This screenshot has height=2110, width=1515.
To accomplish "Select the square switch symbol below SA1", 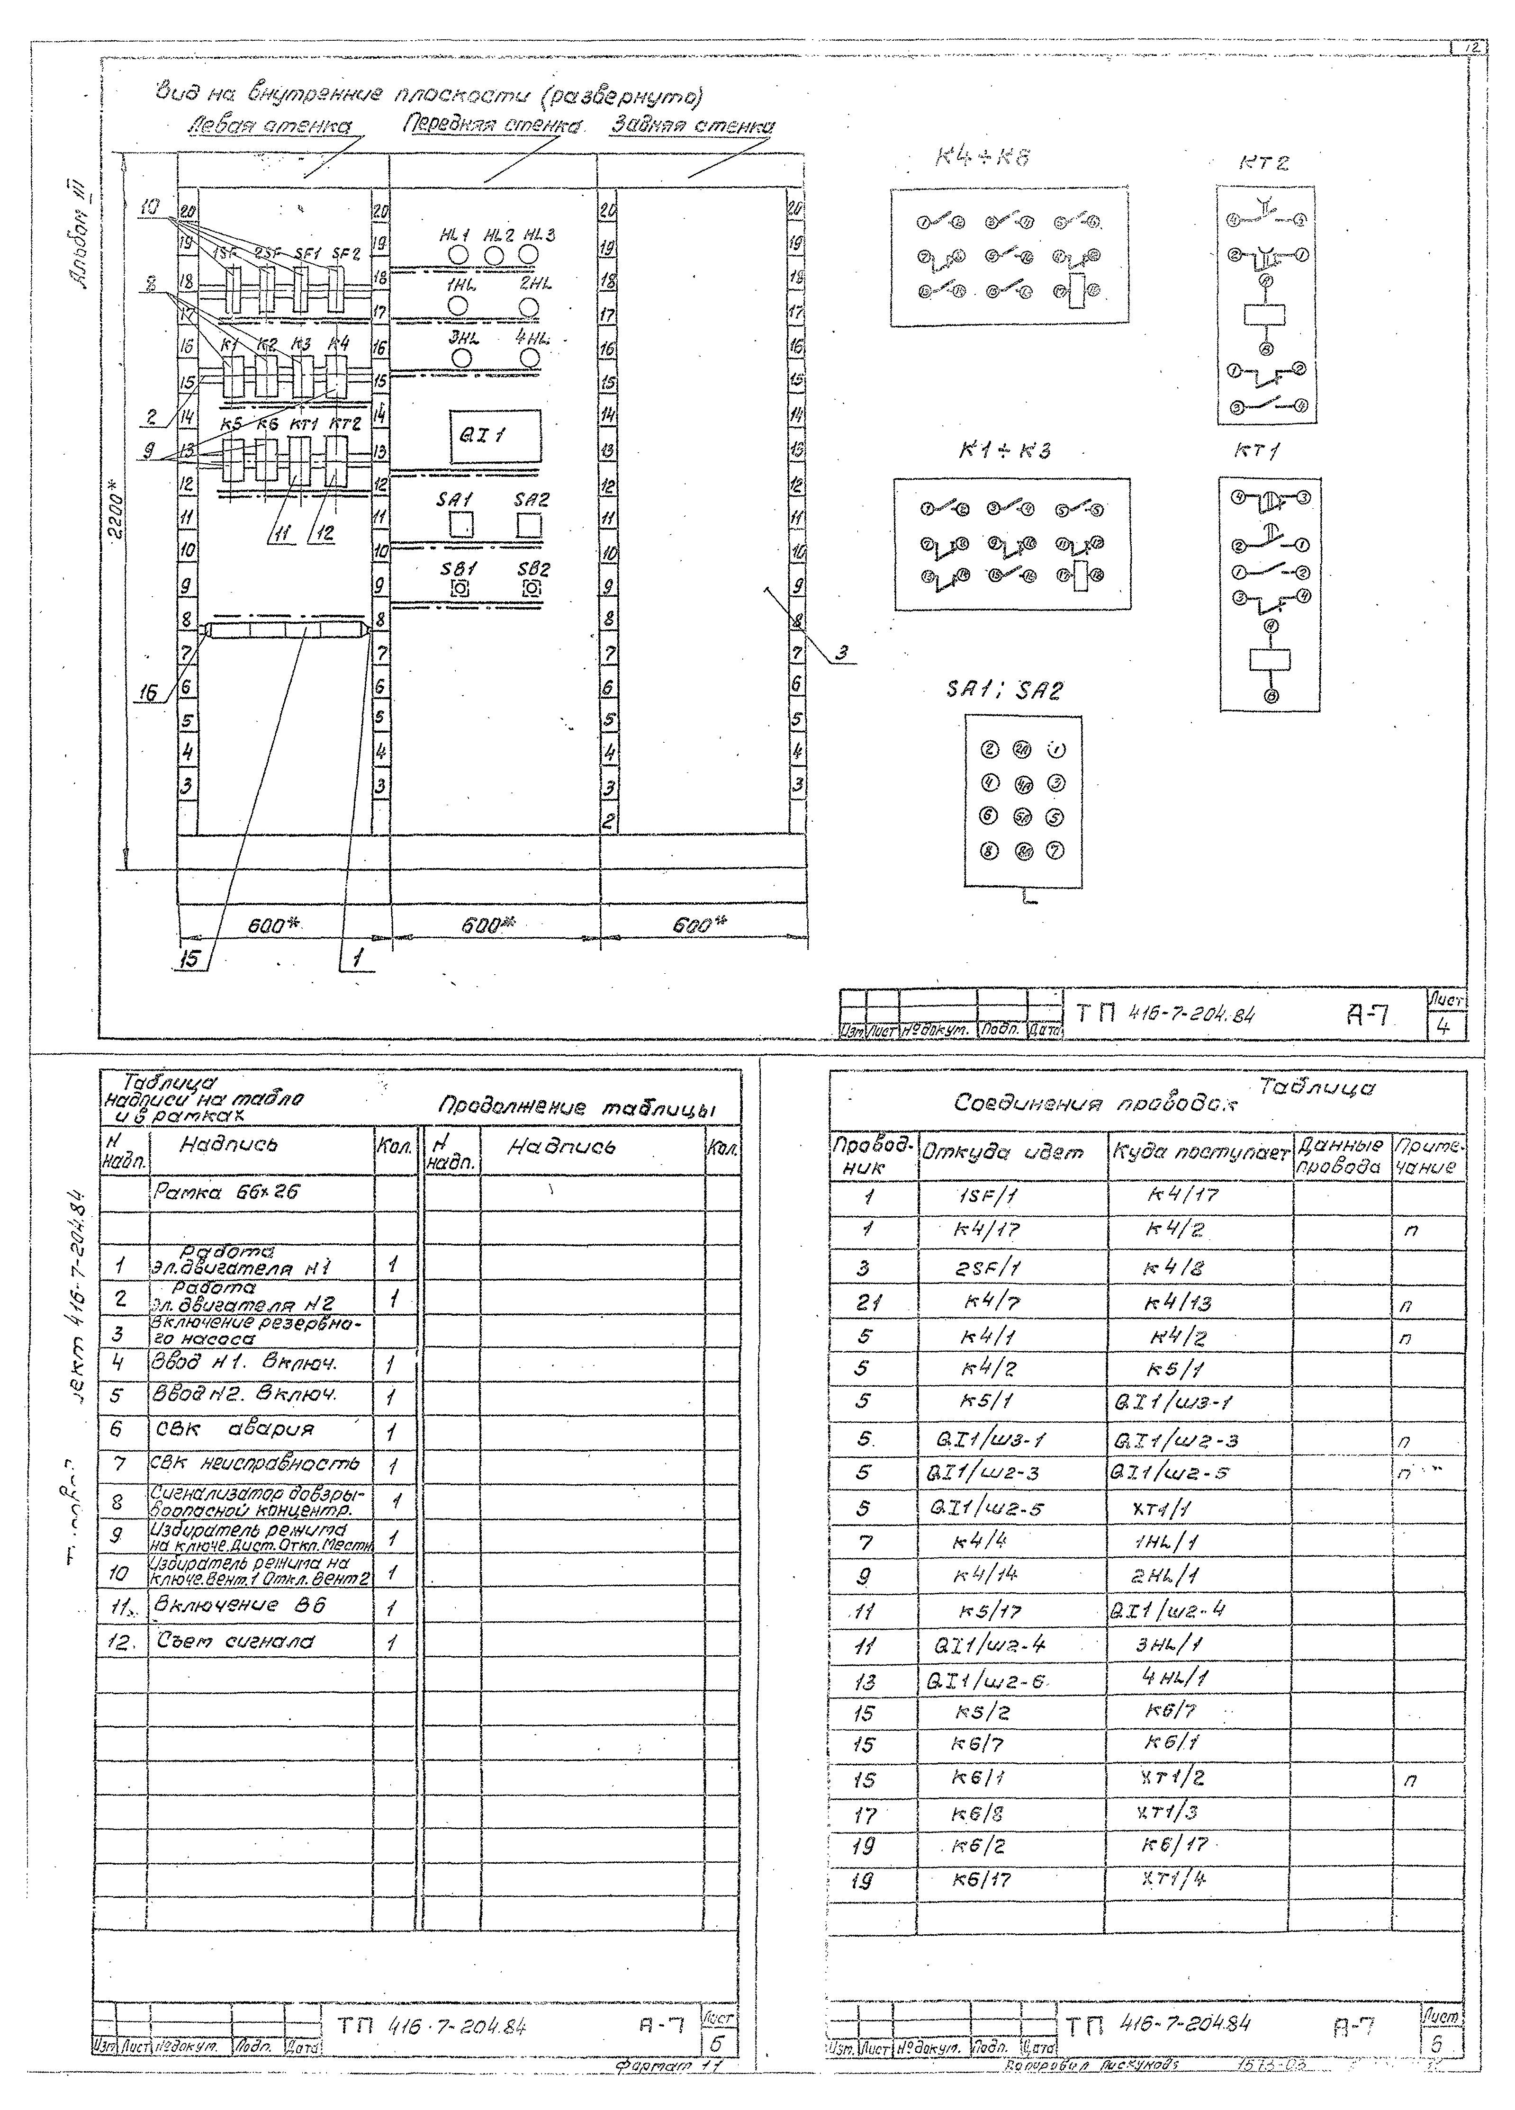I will pos(460,526).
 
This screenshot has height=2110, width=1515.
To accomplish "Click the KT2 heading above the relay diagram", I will pos(1264,163).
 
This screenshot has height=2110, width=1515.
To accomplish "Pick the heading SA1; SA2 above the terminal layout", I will pos(1003,691).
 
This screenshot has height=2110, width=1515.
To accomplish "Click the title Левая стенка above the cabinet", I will pos(270,126).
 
